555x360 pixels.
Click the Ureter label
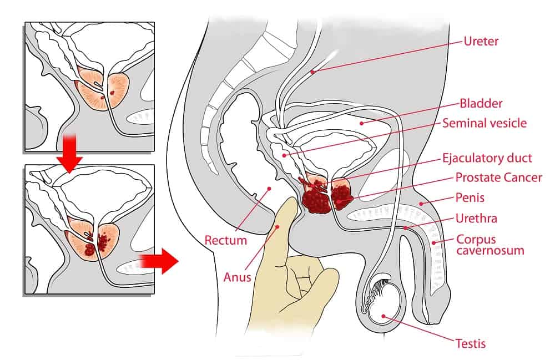pos(482,41)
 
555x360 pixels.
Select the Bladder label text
pos(481,104)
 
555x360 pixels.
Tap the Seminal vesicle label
pos(484,123)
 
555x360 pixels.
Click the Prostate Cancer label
pos(498,178)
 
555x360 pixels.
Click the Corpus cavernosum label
pos(490,245)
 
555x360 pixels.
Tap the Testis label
pos(470,344)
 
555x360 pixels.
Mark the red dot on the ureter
pos(313,72)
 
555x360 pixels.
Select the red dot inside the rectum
pos(269,188)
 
